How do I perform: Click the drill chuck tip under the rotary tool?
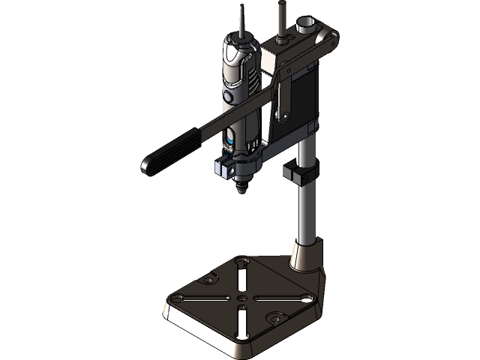(241, 187)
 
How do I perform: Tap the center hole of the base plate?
(241, 298)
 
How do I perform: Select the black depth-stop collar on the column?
(303, 175)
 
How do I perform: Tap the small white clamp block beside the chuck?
(221, 170)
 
